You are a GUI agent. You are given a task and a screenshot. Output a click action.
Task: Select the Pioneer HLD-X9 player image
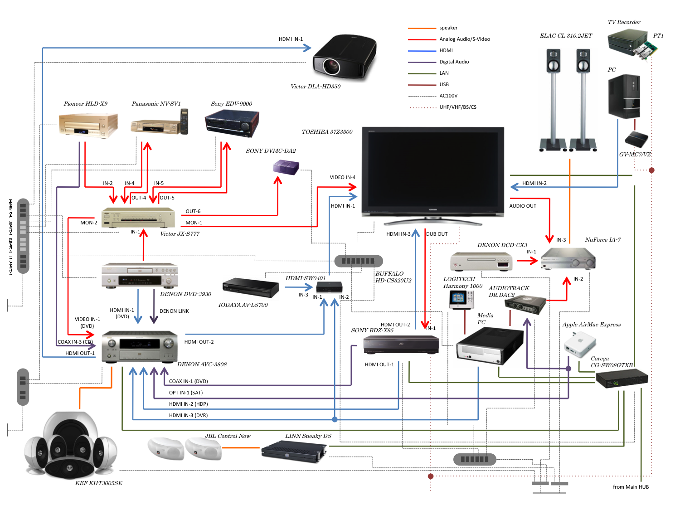point(88,125)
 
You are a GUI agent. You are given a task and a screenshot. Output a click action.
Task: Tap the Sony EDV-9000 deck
point(232,123)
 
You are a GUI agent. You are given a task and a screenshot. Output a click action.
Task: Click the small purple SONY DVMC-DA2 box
point(286,167)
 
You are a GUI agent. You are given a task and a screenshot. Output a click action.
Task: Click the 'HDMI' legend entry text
point(446,50)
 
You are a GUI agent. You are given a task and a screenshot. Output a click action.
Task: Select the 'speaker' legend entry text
point(448,28)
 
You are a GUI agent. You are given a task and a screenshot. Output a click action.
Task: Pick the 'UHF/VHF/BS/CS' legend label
point(458,107)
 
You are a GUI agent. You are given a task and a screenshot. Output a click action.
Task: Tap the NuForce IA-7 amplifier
point(568,259)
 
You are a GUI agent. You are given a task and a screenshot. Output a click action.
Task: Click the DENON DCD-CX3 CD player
point(481,262)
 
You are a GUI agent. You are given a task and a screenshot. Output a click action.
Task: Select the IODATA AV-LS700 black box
point(250,287)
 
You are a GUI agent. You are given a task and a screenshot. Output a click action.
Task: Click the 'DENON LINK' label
point(174,311)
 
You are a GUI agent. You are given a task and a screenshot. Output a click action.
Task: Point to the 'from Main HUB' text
point(631,487)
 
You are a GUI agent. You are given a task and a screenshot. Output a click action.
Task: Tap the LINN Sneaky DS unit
point(294,451)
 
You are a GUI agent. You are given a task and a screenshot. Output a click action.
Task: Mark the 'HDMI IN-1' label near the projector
point(291,39)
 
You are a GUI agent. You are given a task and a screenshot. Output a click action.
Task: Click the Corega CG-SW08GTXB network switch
point(622,378)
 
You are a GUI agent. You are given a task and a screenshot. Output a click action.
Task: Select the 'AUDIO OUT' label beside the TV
point(523,206)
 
